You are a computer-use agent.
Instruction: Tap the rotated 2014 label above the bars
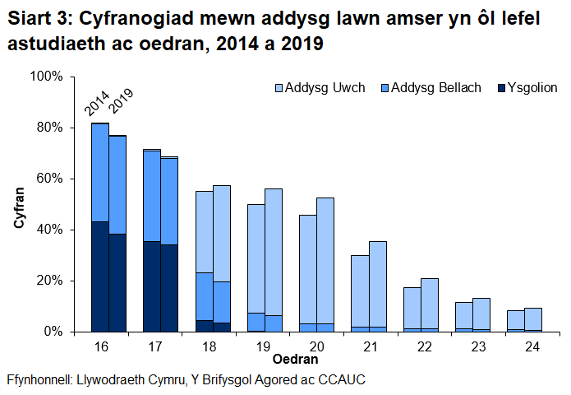pyautogui.click(x=97, y=105)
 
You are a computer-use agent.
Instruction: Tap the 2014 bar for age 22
pyautogui.click(x=412, y=309)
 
